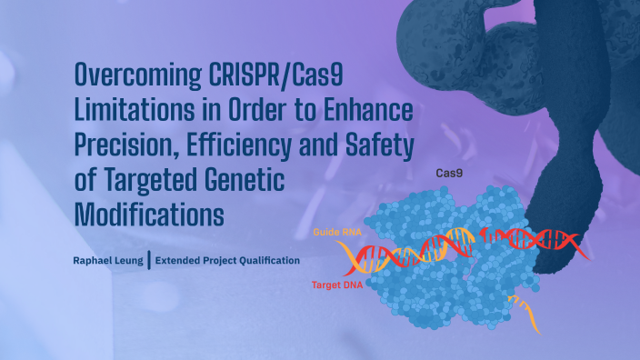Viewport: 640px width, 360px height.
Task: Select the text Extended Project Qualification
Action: click(x=227, y=261)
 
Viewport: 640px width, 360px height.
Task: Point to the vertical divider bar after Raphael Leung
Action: click(x=148, y=261)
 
